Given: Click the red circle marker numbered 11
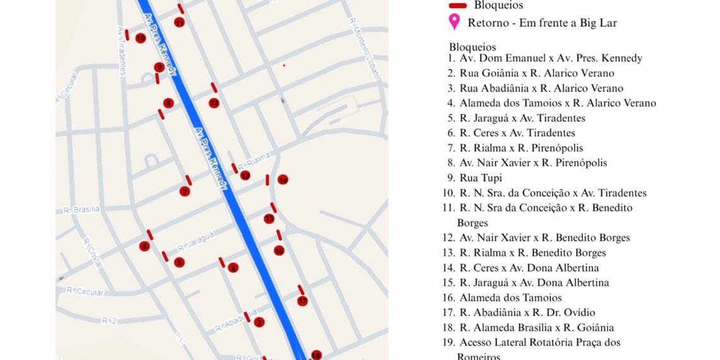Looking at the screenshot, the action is [179, 23].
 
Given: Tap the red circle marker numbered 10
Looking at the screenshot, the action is [140, 38].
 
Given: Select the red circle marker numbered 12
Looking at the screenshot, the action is [214, 103].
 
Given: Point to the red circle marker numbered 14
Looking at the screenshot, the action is [283, 180].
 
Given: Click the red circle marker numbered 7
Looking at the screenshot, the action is [184, 191].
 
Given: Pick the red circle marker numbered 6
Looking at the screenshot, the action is [145, 246].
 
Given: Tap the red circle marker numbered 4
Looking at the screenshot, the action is [234, 268].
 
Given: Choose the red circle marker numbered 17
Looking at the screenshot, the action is [303, 301].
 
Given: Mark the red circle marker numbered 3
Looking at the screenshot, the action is [259, 323].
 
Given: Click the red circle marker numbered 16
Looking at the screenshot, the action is [279, 251].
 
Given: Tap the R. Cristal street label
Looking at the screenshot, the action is [92, 253].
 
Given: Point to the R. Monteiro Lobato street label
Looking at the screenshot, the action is [366, 48].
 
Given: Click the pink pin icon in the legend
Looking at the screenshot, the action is [453, 23].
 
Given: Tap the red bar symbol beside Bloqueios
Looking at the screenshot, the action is [457, 6].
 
